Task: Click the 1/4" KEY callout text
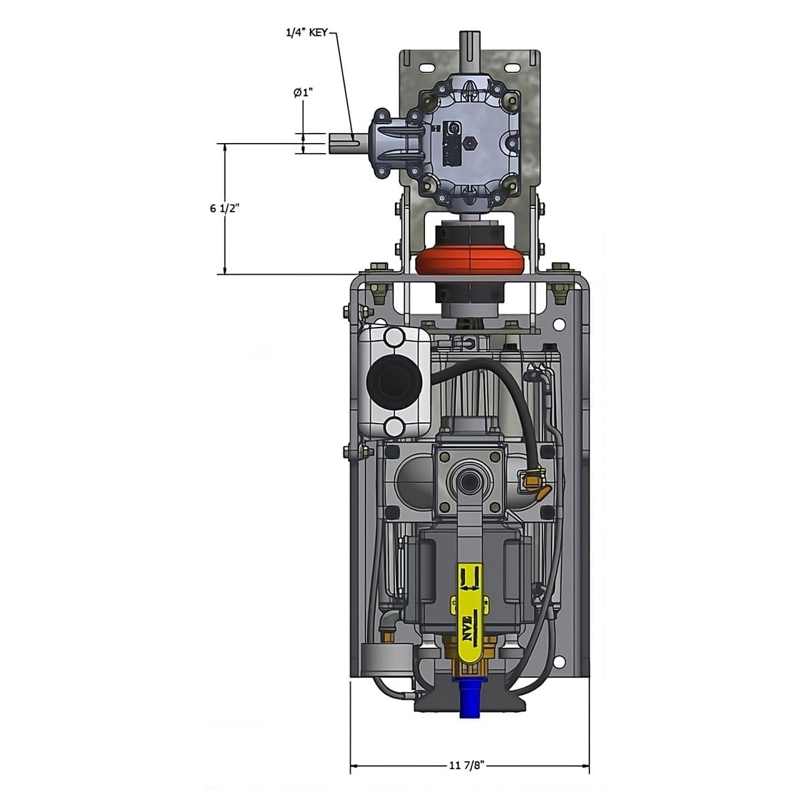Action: pyautogui.click(x=307, y=33)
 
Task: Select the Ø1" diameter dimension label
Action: pyautogui.click(x=303, y=92)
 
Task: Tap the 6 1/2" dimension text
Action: pyautogui.click(x=225, y=209)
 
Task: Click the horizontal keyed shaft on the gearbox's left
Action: pyautogui.click(x=348, y=144)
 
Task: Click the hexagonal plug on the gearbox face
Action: pyautogui.click(x=469, y=144)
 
